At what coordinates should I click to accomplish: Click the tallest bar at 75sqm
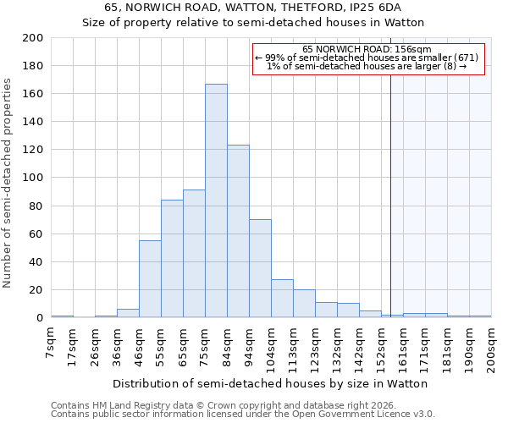(x=216, y=201)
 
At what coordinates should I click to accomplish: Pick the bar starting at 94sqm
(x=260, y=268)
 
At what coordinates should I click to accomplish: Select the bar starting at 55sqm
(x=172, y=258)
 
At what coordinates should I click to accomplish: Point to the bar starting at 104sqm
(x=282, y=299)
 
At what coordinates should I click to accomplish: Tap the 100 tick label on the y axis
(x=33, y=178)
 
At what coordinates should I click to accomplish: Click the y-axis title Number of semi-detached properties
(x=8, y=183)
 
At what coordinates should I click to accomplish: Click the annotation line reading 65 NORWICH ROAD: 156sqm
(x=367, y=49)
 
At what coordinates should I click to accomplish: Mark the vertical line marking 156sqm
(x=390, y=186)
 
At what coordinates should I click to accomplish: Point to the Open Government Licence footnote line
(x=242, y=415)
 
